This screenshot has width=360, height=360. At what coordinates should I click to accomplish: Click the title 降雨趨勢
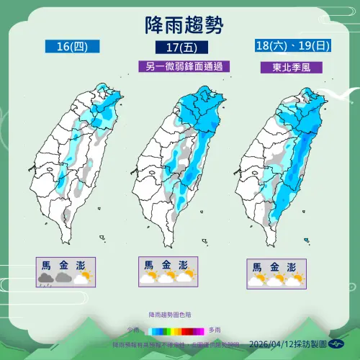(x=180, y=24)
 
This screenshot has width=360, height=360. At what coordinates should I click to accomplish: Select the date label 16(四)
(x=71, y=48)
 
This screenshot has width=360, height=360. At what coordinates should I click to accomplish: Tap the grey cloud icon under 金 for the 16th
(x=64, y=276)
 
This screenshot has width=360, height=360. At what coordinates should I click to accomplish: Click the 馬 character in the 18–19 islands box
(x=257, y=267)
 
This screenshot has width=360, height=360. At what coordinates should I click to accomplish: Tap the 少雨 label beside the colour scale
(x=135, y=330)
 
